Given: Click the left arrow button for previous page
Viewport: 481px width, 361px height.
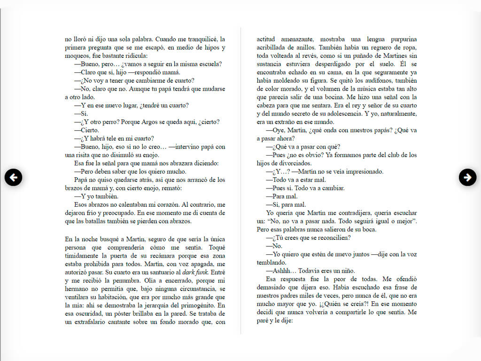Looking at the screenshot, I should point(14,177).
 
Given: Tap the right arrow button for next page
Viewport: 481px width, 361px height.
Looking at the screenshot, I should point(467,177).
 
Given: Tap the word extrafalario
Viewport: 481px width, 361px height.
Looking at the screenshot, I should point(92,322).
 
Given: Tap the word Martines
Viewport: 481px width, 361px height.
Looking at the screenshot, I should point(393,56).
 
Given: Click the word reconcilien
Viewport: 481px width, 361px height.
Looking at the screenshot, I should point(332,237).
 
